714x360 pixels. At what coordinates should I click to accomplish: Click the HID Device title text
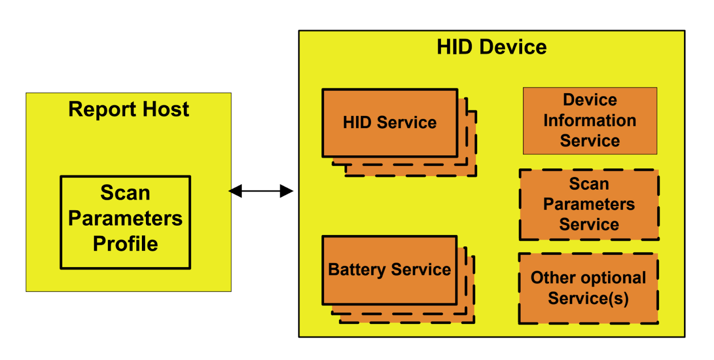click(x=491, y=47)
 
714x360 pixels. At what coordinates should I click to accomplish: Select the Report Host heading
click(x=129, y=109)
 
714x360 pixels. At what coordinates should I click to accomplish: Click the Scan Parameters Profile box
click(x=125, y=222)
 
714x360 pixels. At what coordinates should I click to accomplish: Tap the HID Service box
click(x=390, y=123)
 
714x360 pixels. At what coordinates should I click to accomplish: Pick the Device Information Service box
click(x=589, y=120)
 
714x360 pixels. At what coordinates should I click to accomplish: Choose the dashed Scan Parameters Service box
click(x=589, y=204)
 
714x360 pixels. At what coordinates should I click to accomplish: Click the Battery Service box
click(x=390, y=270)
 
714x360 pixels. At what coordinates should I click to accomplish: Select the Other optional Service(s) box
click(x=588, y=288)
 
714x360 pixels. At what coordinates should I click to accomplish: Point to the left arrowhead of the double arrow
click(x=235, y=191)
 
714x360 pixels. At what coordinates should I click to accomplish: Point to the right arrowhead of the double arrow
click(x=287, y=191)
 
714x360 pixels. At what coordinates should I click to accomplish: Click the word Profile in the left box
click(x=125, y=244)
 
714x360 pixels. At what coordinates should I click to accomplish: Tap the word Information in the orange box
click(x=589, y=120)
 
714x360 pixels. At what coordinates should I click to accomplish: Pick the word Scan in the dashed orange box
click(x=589, y=184)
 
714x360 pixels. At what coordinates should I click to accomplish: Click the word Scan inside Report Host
click(x=125, y=193)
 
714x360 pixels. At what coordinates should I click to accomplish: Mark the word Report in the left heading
click(x=102, y=109)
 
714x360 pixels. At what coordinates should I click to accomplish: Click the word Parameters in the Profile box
click(x=125, y=219)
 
